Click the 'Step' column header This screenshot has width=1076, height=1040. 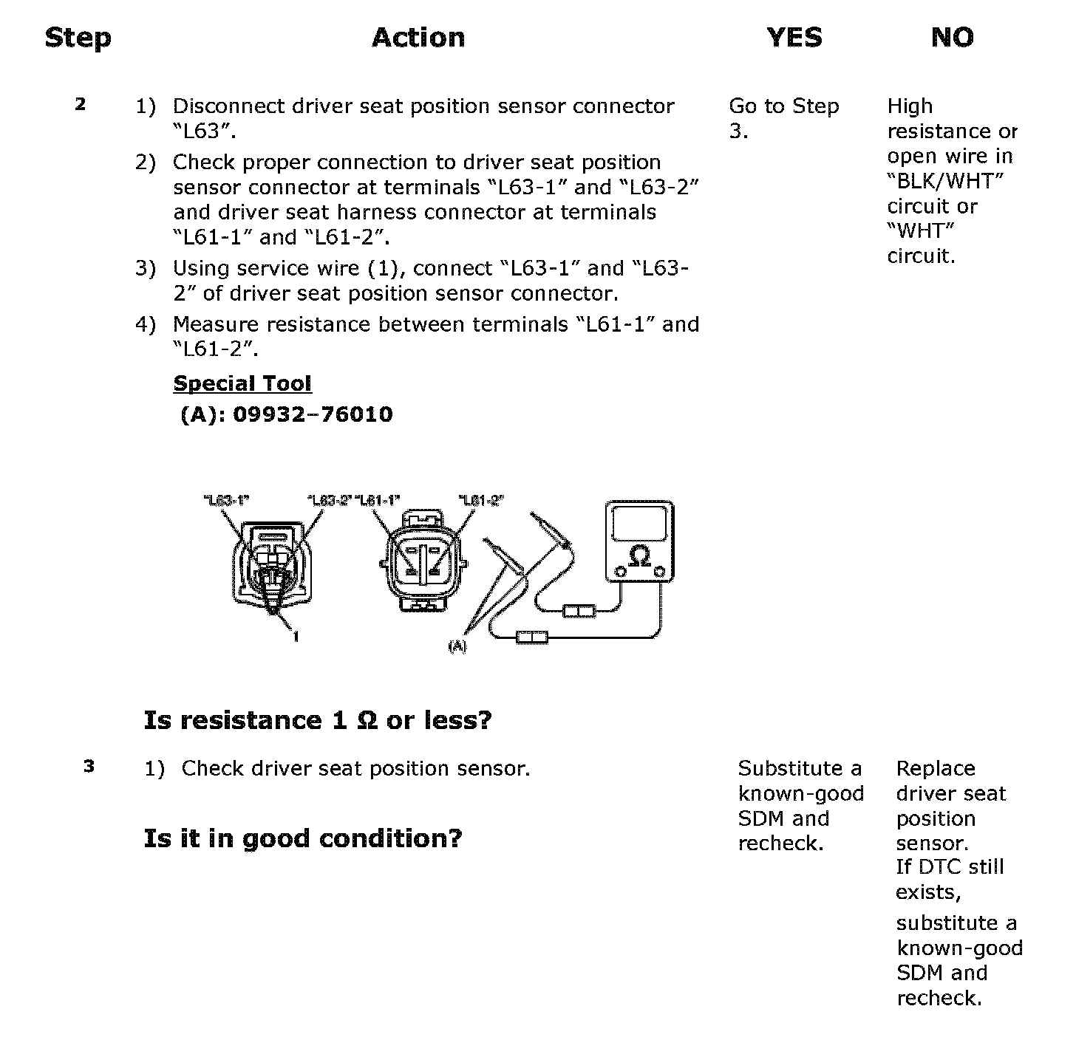(x=78, y=38)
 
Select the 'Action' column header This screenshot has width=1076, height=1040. (x=418, y=38)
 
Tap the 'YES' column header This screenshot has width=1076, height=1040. (x=794, y=38)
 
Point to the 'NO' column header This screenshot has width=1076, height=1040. (x=952, y=38)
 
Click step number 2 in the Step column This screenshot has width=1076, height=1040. (x=81, y=104)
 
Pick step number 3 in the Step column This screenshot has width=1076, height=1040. (x=89, y=767)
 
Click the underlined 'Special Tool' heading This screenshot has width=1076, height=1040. (x=242, y=383)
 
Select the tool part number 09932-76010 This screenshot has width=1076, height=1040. (x=313, y=414)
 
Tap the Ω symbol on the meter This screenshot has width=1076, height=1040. (x=640, y=555)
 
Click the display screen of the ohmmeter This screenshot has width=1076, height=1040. (x=640, y=523)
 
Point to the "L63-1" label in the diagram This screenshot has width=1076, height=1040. (x=227, y=500)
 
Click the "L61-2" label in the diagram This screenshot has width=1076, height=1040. (x=482, y=500)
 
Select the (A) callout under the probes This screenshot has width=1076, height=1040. (x=458, y=646)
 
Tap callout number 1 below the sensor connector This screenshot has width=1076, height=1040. (x=296, y=637)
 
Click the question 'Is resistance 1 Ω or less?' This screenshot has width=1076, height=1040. (x=318, y=720)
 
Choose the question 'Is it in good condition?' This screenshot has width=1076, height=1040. (x=303, y=838)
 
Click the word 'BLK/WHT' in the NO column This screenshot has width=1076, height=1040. (x=945, y=181)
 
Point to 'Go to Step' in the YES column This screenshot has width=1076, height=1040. (x=784, y=106)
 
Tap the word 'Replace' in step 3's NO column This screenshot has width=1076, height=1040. (x=936, y=768)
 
